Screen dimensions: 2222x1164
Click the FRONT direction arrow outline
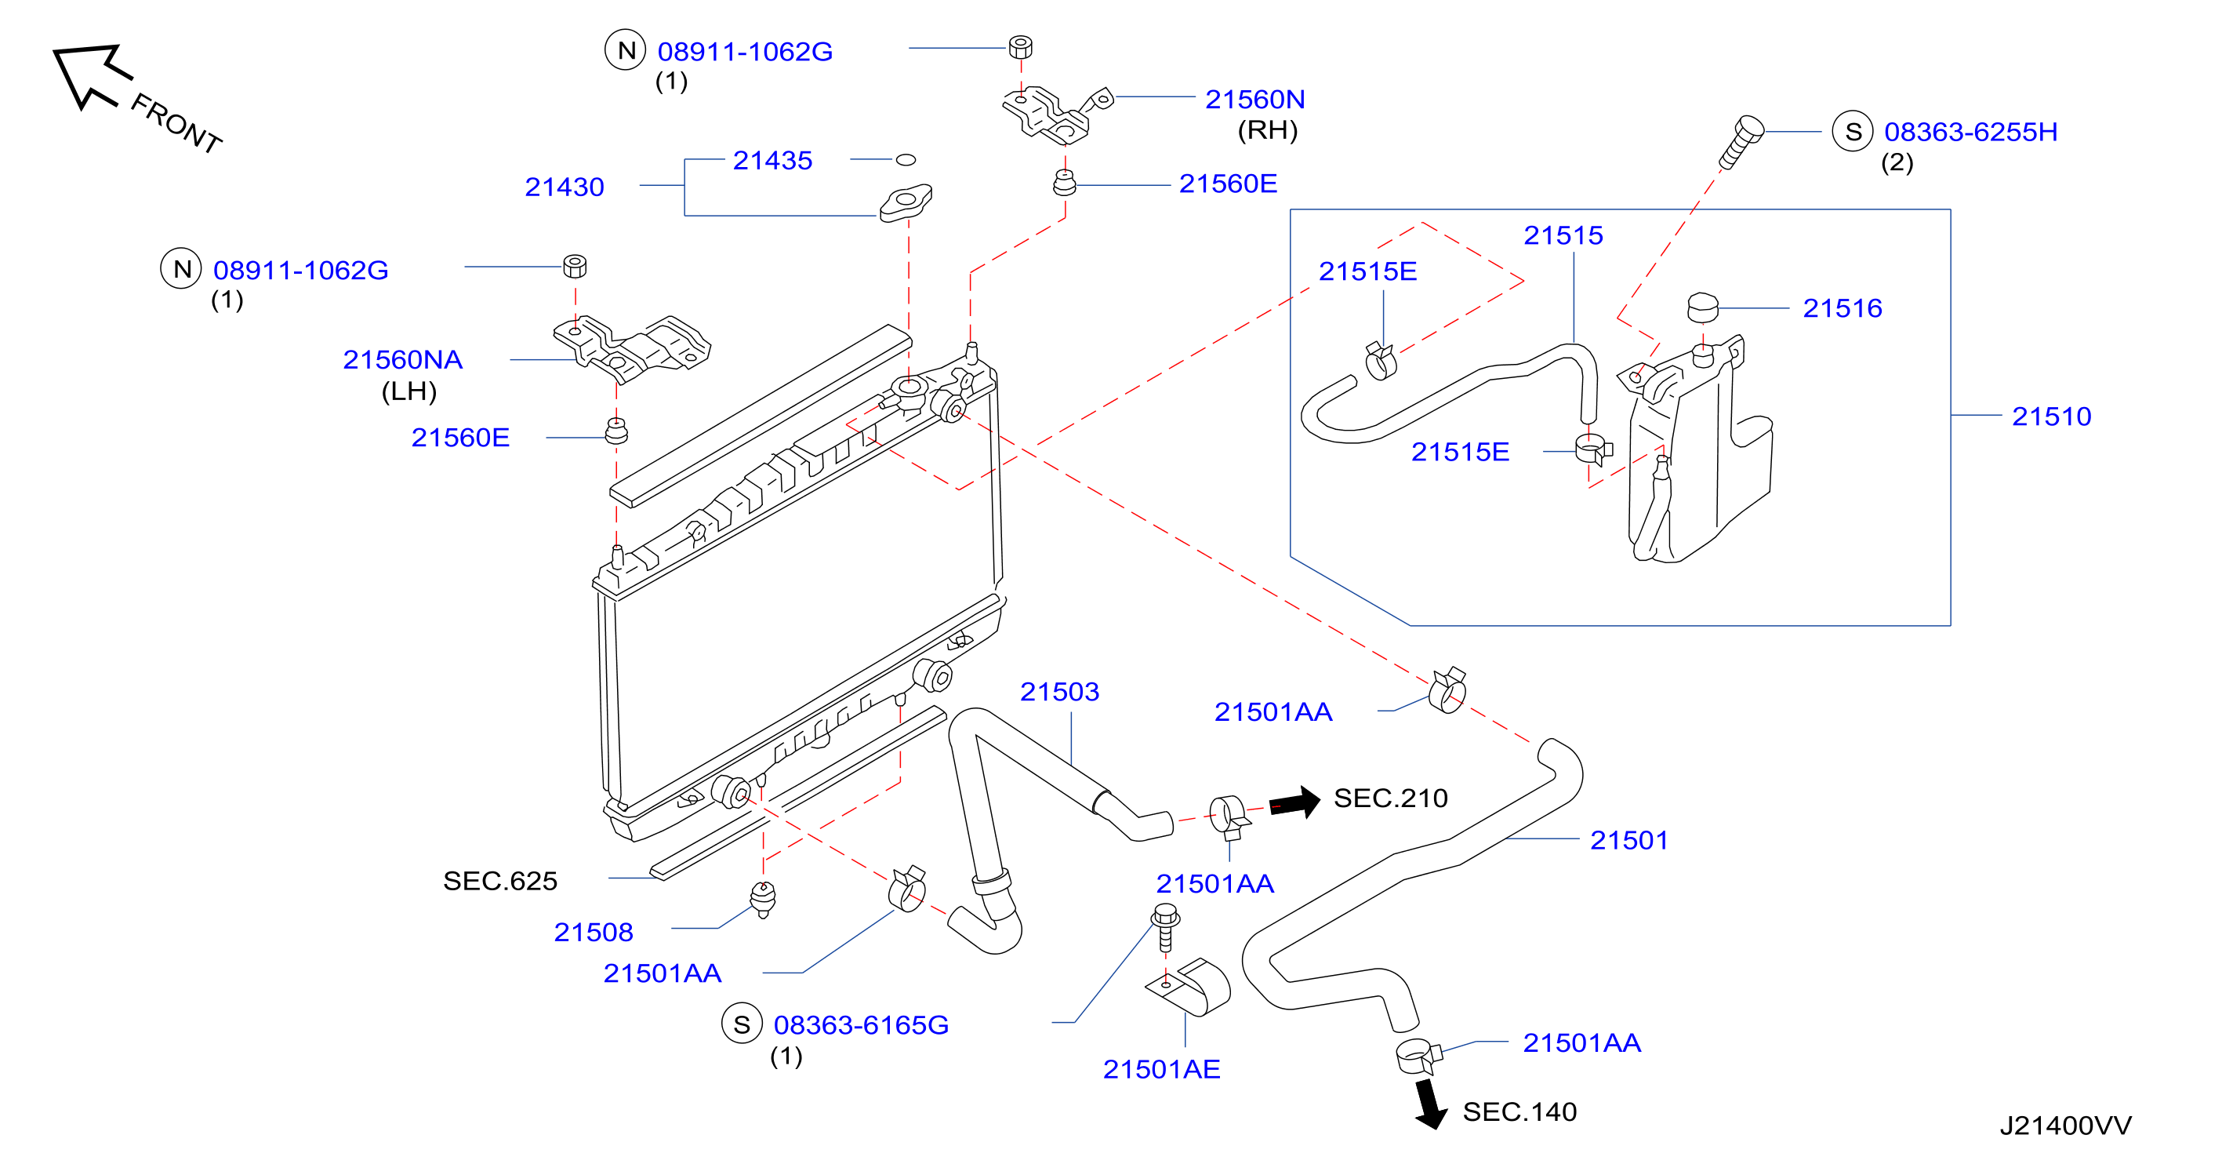(91, 75)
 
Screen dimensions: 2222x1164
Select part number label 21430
(565, 187)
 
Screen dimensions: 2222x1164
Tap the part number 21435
(772, 160)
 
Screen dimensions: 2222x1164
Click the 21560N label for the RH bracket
(1254, 100)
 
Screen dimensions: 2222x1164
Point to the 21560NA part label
(403, 359)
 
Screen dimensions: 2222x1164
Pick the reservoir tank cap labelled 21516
(1702, 307)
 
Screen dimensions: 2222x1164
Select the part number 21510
(2051, 416)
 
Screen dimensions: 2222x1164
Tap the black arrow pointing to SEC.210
(1294, 802)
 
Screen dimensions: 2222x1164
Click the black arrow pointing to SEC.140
(1430, 1104)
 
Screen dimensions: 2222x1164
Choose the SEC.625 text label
(500, 880)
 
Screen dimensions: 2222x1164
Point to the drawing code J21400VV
(2065, 1125)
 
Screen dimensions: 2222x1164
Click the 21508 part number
(594, 932)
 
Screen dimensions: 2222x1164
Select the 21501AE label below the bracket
(1161, 1069)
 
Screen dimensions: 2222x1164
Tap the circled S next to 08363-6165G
(742, 1024)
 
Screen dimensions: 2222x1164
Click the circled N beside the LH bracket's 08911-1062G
(181, 268)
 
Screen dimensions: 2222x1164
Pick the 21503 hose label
(1059, 691)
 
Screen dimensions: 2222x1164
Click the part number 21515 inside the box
(1563, 235)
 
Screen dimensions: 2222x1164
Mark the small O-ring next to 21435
(906, 160)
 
